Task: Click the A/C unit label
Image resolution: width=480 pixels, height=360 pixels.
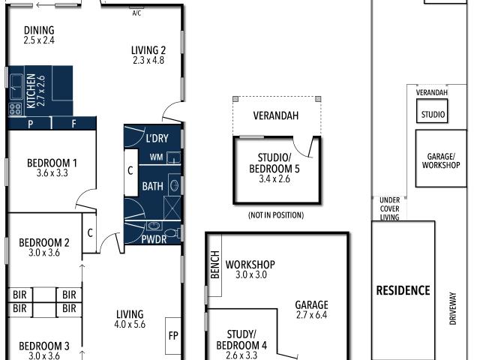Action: [136, 13]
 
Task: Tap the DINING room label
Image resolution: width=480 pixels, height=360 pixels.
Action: [39, 30]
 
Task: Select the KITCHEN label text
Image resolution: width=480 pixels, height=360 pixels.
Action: [31, 91]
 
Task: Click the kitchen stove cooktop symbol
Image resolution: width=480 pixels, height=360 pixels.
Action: [15, 109]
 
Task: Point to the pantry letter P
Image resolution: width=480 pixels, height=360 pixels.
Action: [31, 124]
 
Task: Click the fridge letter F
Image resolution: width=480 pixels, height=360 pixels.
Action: [73, 124]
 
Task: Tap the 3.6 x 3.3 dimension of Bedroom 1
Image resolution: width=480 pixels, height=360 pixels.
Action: [52, 173]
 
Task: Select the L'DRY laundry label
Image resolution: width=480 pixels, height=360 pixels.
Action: [157, 138]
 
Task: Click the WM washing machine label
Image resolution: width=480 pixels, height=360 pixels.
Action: [156, 157]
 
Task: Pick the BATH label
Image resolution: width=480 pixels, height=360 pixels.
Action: [152, 186]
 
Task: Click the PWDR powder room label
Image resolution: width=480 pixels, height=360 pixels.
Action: [154, 239]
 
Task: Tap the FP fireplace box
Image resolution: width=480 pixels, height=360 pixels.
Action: [173, 336]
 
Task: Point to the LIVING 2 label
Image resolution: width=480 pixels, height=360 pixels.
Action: [148, 50]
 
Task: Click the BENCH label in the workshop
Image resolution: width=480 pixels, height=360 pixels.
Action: [215, 265]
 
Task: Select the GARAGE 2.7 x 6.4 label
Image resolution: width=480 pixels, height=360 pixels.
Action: [312, 310]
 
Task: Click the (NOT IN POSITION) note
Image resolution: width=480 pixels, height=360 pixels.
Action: [276, 215]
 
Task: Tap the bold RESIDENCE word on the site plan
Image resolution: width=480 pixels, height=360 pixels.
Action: [403, 290]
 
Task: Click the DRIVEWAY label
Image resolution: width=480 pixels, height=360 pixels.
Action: [453, 308]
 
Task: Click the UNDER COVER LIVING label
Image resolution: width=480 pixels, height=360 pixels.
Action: [390, 208]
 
